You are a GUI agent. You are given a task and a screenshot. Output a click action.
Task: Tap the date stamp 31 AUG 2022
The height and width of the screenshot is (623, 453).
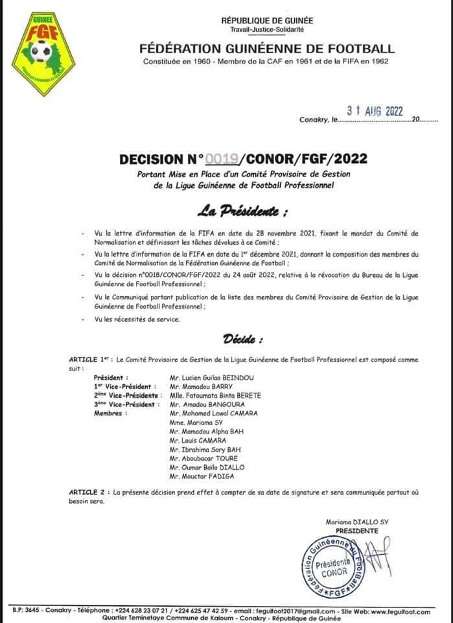click(x=375, y=111)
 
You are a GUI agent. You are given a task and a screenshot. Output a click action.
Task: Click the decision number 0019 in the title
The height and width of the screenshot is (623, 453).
click(x=222, y=159)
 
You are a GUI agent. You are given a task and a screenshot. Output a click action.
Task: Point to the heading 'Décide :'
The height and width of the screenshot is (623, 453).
click(x=243, y=338)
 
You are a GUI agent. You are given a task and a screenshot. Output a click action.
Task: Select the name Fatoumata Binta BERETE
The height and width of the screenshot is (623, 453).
click(x=215, y=395)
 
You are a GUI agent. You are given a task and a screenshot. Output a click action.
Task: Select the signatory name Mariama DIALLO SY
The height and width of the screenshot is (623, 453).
click(x=352, y=522)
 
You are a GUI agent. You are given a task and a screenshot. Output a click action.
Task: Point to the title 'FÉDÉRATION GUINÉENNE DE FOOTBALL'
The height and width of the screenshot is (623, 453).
click(x=266, y=48)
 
